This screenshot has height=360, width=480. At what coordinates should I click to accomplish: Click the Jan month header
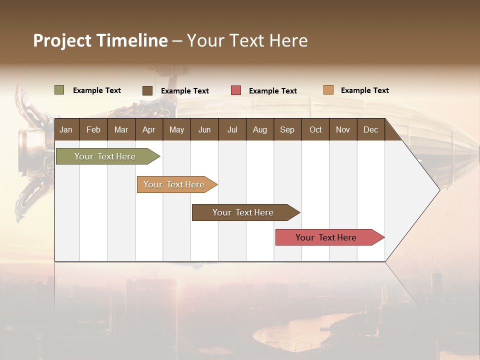[66, 129]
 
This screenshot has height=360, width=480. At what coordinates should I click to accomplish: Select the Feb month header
[93, 129]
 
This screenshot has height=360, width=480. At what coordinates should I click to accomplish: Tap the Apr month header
[149, 129]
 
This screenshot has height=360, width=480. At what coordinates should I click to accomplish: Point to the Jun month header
[204, 129]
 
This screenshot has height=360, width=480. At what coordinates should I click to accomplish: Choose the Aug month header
[260, 129]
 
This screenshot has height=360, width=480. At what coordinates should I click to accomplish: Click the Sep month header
[287, 129]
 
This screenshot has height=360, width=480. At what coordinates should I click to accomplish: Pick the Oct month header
[315, 129]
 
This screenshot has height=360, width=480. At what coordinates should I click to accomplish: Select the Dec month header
[371, 129]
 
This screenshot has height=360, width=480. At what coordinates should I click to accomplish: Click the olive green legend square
[59, 90]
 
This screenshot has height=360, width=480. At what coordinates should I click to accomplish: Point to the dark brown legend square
[147, 90]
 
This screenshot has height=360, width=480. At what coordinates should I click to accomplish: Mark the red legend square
[236, 90]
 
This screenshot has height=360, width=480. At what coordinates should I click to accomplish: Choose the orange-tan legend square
[328, 90]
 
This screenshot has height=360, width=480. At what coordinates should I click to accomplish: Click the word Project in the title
[62, 40]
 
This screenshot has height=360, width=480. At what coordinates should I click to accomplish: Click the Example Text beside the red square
[273, 91]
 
